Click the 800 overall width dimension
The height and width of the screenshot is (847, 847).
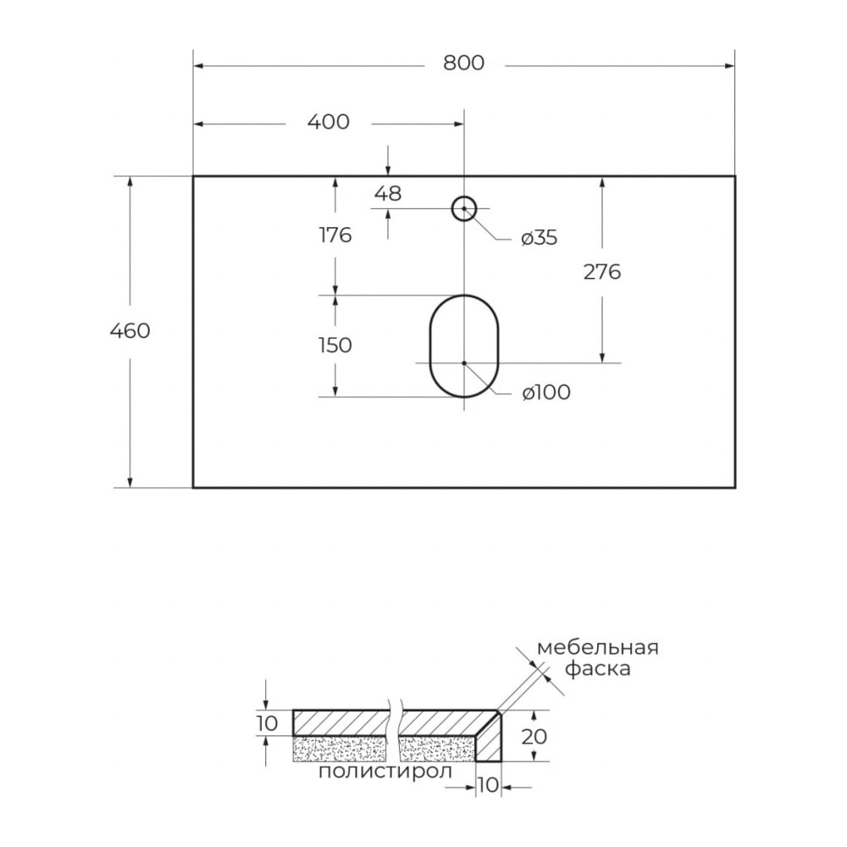[x=463, y=64]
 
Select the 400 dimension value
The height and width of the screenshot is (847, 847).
[x=329, y=122]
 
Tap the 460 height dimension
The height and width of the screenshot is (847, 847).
[x=130, y=330]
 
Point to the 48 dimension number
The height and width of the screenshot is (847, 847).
[x=388, y=193]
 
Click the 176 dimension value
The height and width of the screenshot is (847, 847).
[x=335, y=235]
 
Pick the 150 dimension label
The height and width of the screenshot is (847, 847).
[x=335, y=346]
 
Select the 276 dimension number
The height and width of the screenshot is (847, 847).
[x=602, y=272]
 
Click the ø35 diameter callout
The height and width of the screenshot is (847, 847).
[x=539, y=238]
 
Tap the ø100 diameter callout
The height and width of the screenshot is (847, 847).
[x=546, y=392]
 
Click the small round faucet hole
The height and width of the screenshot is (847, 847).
[x=464, y=197]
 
